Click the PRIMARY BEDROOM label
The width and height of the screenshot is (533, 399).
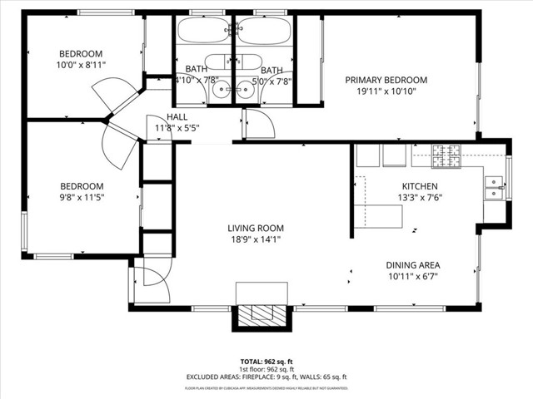pyautogui.click(x=386, y=81)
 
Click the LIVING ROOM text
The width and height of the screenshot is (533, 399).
pyautogui.click(x=256, y=228)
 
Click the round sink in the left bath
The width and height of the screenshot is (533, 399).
pyautogui.click(x=222, y=91)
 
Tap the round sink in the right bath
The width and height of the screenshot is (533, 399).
pyautogui.click(x=247, y=91)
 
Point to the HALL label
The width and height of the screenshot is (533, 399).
pyautogui.click(x=177, y=117)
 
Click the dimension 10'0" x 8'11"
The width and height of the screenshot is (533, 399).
pyautogui.click(x=81, y=64)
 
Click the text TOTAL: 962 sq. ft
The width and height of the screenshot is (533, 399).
pyautogui.click(x=266, y=362)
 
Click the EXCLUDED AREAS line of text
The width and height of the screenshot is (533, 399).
pyautogui.click(x=266, y=377)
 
